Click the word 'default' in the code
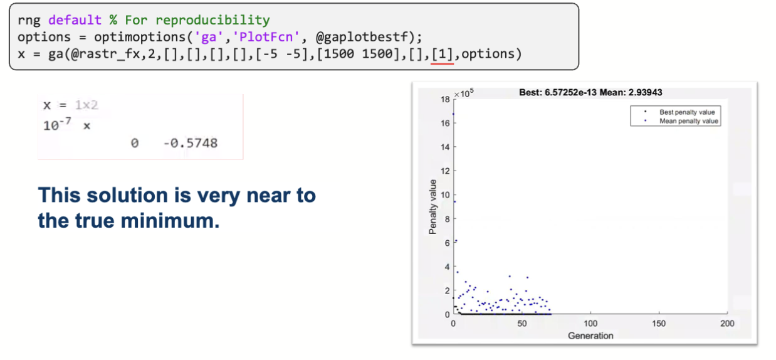pos(75,20)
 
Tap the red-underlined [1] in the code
pos(443,54)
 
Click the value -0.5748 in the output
pos(190,143)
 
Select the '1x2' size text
pos(87,105)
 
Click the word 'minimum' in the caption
pos(170,221)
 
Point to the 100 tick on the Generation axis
pos(590,324)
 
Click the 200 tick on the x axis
pos(727,324)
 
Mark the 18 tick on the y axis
pos(445,100)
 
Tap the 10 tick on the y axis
pos(445,195)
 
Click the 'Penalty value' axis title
pos(433,207)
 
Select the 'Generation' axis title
pos(590,336)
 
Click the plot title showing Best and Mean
pos(590,93)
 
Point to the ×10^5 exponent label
pos(464,93)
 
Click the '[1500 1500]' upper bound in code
pos(357,54)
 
